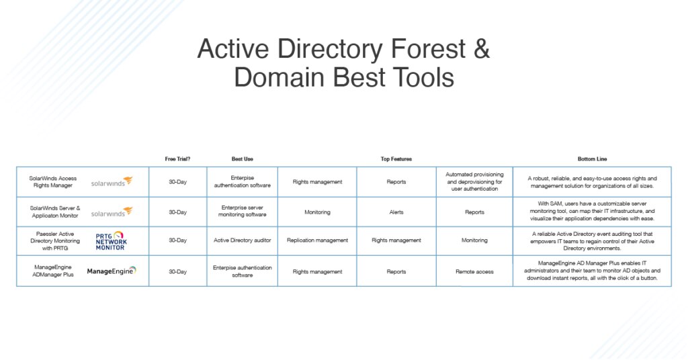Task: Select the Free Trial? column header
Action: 177,159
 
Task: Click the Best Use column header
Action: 242,159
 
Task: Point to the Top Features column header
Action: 396,159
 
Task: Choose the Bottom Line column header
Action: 591,159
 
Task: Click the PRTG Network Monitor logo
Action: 111,240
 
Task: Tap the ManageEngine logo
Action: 112,271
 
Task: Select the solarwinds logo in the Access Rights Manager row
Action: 112,181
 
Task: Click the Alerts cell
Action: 396,212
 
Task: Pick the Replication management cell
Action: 317,240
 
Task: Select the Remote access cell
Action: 474,272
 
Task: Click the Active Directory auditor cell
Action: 242,240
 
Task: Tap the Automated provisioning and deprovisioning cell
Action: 474,181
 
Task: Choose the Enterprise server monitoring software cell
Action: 242,212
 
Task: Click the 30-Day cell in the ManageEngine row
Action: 177,272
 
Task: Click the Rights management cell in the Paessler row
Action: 396,240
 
